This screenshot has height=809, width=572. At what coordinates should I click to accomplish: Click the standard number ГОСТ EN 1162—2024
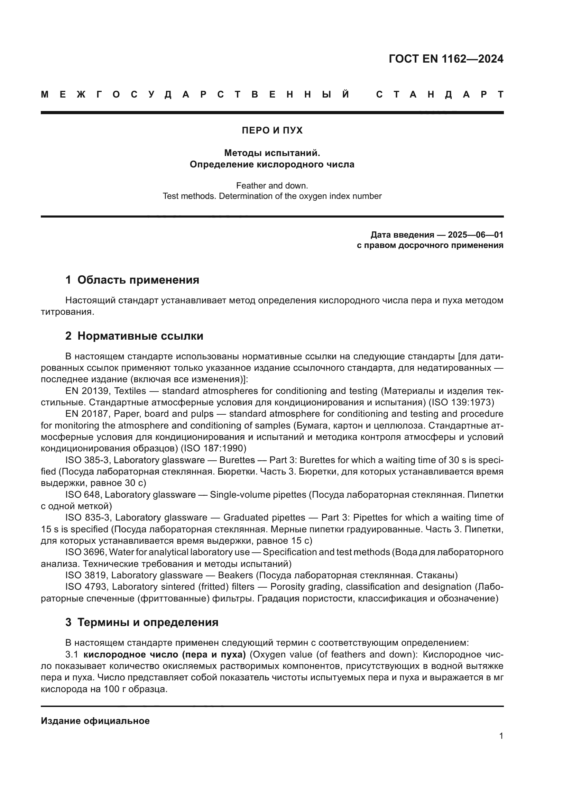pyautogui.click(x=446, y=59)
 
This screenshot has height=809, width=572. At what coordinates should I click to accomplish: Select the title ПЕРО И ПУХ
pyautogui.click(x=272, y=130)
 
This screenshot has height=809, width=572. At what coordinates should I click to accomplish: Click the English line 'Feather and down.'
pyautogui.click(x=272, y=185)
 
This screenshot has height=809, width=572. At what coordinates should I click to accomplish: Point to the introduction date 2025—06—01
pyautogui.click(x=476, y=235)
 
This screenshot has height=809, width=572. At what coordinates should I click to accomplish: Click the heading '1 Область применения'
pyautogui.click(x=132, y=280)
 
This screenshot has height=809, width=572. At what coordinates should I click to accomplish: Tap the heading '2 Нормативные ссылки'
pyautogui.click(x=134, y=336)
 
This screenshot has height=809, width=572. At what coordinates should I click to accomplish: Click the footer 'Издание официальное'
pyautogui.click(x=95, y=721)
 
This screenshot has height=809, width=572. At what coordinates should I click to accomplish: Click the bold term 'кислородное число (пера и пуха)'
pyautogui.click(x=165, y=655)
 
